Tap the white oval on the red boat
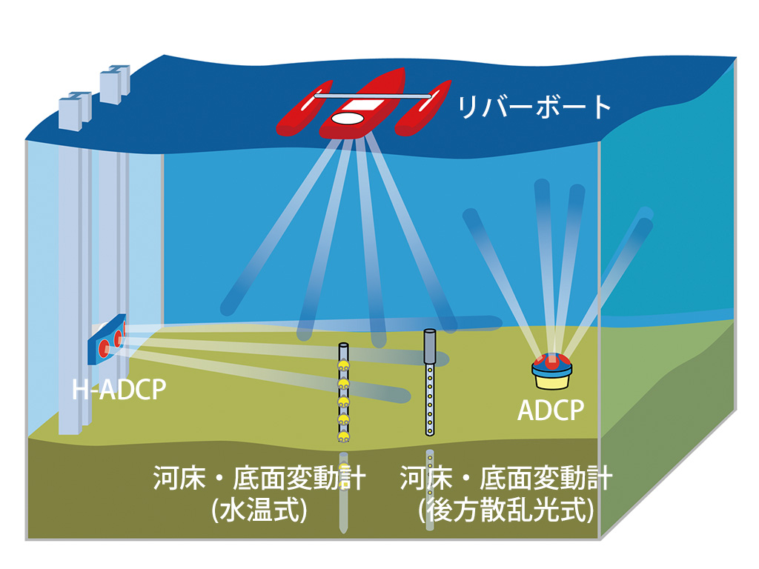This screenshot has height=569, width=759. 347,118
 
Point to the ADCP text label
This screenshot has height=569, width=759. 551,410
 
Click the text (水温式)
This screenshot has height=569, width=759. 259,511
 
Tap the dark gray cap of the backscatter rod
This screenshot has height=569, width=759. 428,346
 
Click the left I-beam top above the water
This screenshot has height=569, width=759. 74,109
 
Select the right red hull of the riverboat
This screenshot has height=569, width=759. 423,110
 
